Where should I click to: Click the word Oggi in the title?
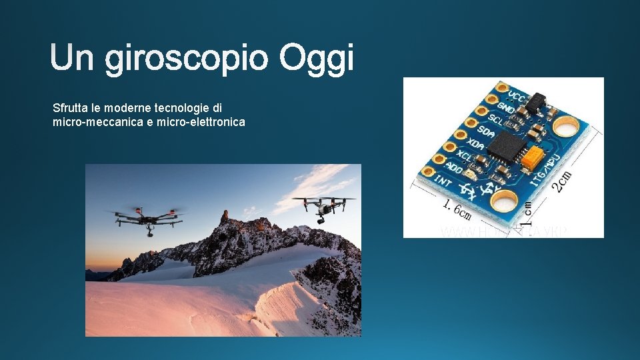pos(317,60)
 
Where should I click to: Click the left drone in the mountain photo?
pos(147,219)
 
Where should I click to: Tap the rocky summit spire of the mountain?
pos(225,217)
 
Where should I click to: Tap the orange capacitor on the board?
pos(533,157)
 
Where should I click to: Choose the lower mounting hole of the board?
pos(505,200)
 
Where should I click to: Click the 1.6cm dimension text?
pos(457,209)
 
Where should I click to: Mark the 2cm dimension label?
pos(564,179)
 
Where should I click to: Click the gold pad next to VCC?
pos(502,88)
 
